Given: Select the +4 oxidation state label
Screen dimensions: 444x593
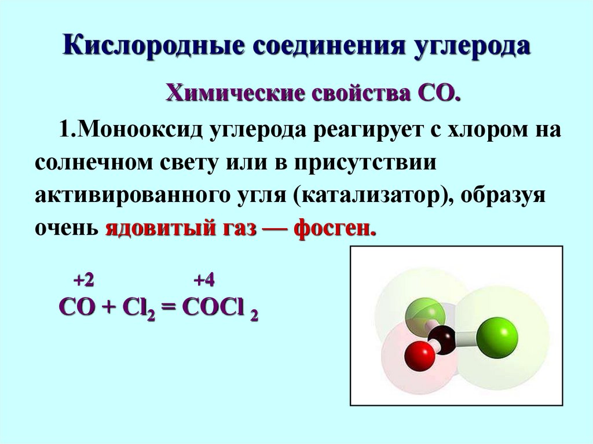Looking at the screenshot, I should click(204, 281).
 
